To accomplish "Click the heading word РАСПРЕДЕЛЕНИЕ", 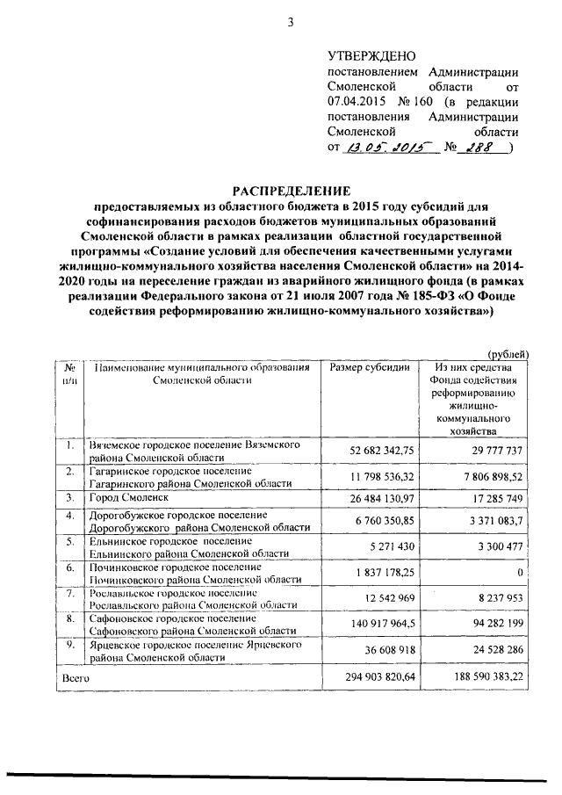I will (290, 191).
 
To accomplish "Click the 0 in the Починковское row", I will (520, 572).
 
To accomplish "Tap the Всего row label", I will (76, 678).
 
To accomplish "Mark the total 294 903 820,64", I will (372, 679).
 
